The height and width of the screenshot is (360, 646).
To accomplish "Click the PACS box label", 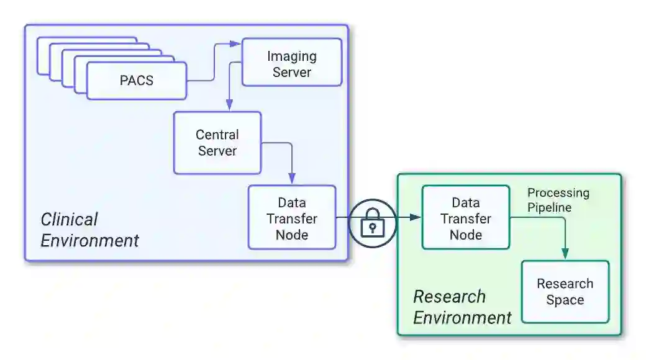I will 136,81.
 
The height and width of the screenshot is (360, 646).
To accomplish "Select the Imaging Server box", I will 291,62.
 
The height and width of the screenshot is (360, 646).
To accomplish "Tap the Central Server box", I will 217,142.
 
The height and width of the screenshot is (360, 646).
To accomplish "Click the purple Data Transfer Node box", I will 291,218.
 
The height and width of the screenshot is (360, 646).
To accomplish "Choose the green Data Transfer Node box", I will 465,218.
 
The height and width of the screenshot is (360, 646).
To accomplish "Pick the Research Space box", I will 565,292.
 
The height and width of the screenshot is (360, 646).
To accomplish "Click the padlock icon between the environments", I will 372,223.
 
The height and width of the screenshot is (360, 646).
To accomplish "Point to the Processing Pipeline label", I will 558,200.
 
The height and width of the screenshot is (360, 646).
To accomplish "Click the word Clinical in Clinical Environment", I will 69,220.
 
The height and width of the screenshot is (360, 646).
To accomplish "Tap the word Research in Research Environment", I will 449,297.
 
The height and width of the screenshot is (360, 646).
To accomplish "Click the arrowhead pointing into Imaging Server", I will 235,43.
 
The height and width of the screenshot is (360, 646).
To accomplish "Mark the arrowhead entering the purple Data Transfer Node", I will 292,179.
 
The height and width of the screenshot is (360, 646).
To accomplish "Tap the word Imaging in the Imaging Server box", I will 291,56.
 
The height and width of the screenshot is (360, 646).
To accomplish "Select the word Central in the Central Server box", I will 217,135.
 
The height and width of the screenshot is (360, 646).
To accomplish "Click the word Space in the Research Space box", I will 565,300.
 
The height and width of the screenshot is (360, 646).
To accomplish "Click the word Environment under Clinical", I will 89,241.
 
